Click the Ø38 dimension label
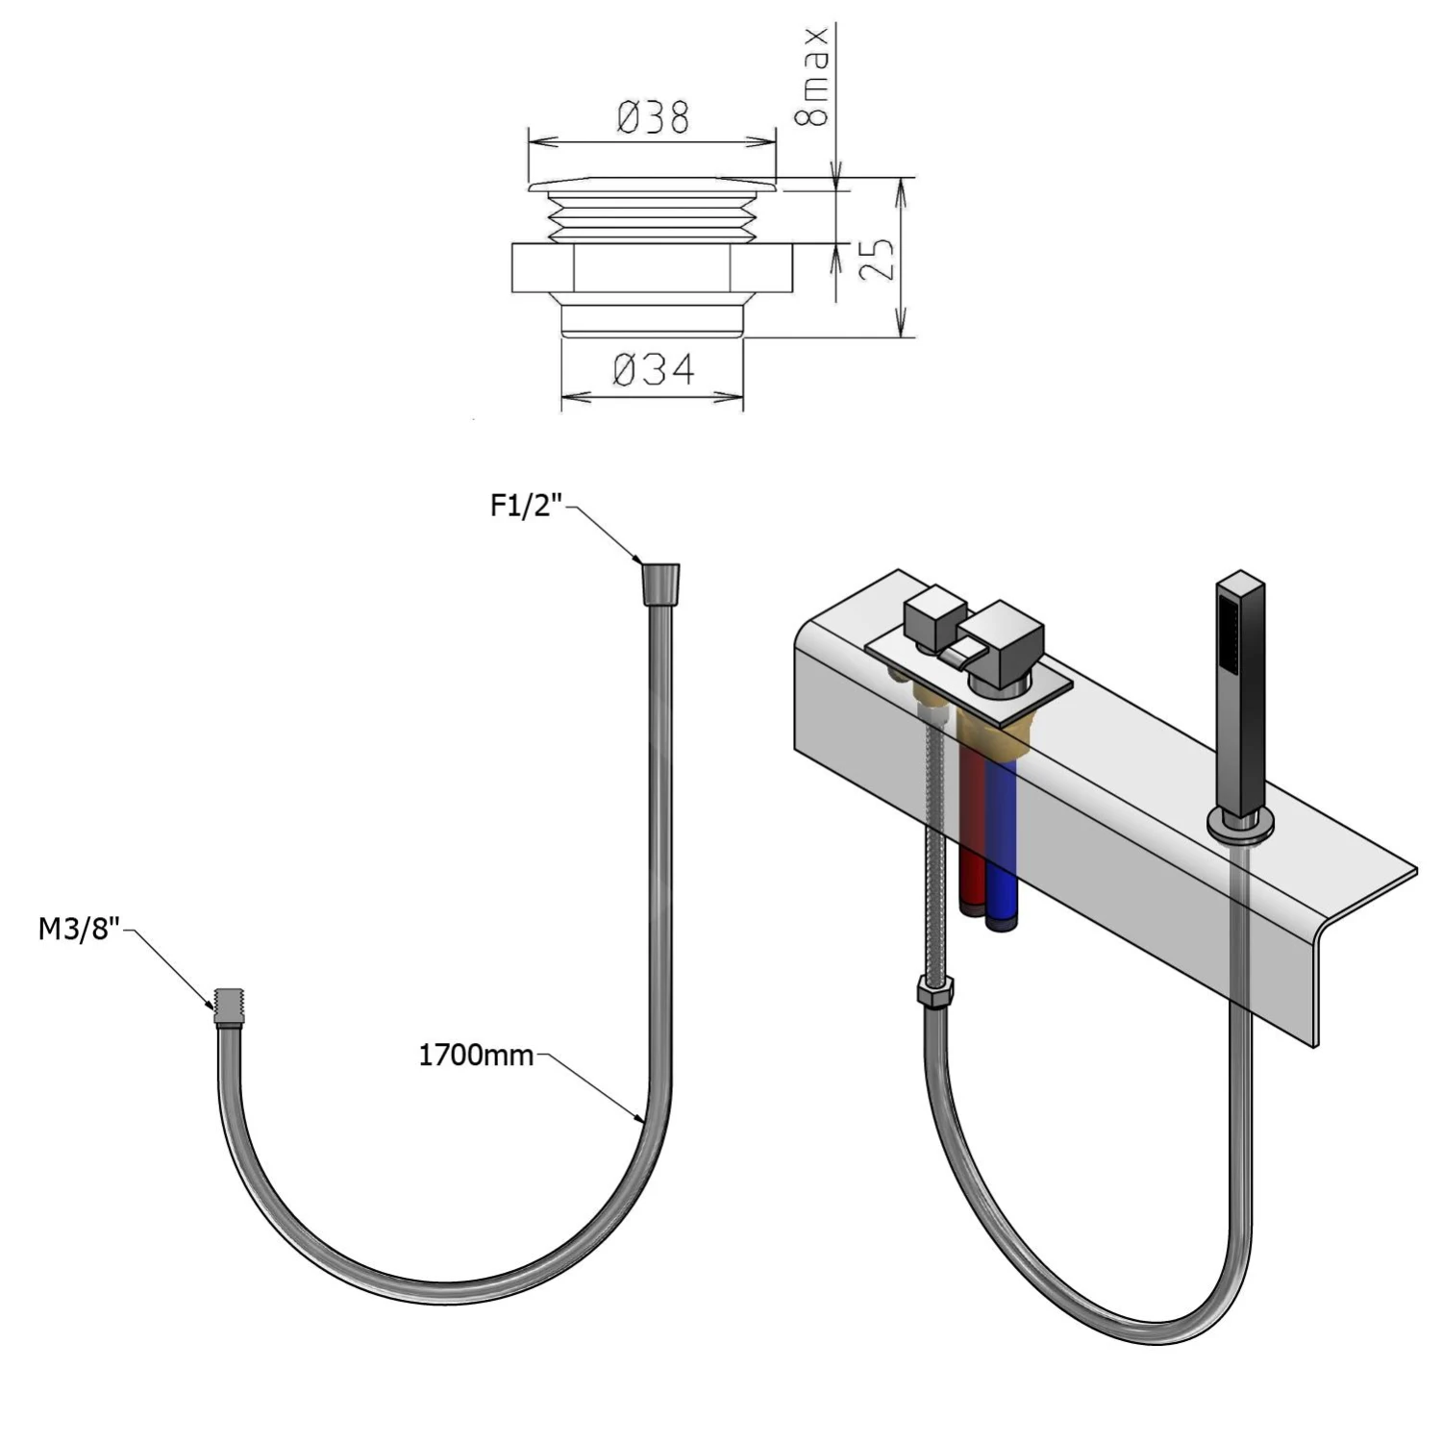click(x=653, y=118)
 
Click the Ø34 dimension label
click(x=654, y=369)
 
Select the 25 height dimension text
click(x=876, y=259)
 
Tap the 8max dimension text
click(x=812, y=77)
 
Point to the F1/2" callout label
click(x=526, y=507)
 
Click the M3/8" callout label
click(x=79, y=930)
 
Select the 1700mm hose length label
click(x=475, y=1056)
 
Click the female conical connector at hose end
click(x=659, y=583)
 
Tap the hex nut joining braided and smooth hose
click(x=934, y=991)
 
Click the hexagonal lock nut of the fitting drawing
click(x=653, y=268)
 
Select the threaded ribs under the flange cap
click(x=652, y=216)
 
